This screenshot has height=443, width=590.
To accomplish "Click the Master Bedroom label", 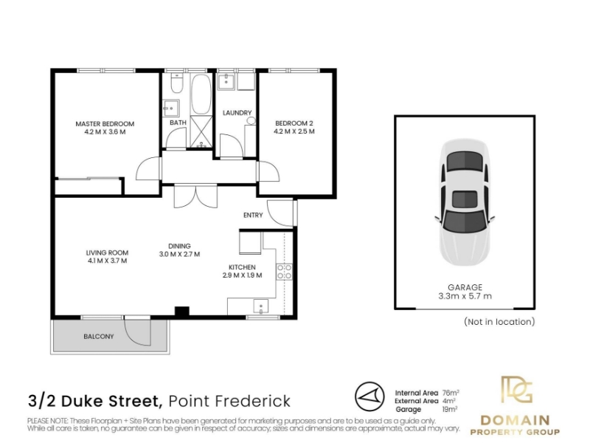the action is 105,123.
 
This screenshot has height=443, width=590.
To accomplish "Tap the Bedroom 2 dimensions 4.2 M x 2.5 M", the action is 294,131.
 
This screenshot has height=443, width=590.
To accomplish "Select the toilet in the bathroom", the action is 176,83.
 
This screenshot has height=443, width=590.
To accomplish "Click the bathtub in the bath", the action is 201,95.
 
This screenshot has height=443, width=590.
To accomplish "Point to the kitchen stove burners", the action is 285,272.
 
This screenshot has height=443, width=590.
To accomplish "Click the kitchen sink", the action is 261,306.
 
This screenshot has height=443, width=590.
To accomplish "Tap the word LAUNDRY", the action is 237,113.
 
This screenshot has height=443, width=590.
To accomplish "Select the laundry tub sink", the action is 226,82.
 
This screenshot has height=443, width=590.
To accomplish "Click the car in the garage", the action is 465,202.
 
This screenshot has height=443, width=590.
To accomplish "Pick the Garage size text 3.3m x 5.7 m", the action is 465,296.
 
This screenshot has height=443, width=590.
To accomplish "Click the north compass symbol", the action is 369,396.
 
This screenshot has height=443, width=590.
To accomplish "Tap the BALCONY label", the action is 99,337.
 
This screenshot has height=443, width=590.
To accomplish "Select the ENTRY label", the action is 253,215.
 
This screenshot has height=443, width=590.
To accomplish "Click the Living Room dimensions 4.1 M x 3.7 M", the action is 107,261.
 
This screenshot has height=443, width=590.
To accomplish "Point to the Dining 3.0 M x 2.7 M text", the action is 179,250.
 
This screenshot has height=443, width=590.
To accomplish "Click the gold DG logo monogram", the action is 517,390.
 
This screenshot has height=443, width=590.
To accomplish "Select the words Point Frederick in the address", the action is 229,401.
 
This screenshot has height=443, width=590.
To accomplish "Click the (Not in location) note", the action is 499,322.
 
